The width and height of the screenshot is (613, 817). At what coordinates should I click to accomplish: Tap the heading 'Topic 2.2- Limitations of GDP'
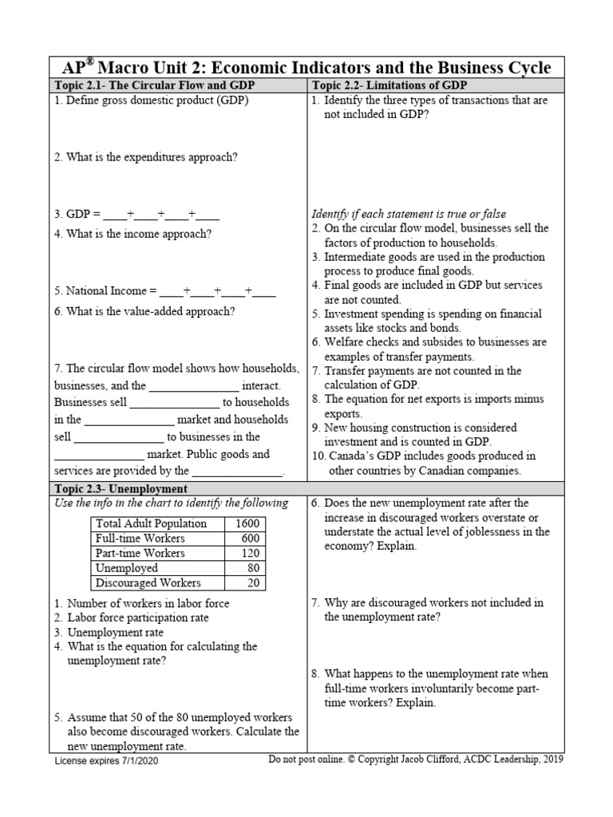pyautogui.click(x=390, y=85)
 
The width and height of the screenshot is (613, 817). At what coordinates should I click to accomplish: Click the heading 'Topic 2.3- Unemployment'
pyautogui.click(x=121, y=488)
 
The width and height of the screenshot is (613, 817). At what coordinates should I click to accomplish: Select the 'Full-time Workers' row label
pyautogui.click(x=140, y=539)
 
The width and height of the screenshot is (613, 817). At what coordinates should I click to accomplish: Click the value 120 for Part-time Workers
pyautogui.click(x=247, y=553)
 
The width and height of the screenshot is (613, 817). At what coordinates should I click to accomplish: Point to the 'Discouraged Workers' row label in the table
pyautogui.click(x=148, y=583)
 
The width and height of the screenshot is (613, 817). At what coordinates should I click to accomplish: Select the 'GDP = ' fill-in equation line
pyautogui.click(x=136, y=214)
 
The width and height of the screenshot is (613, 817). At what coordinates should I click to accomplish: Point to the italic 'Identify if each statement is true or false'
pyautogui.click(x=409, y=214)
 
